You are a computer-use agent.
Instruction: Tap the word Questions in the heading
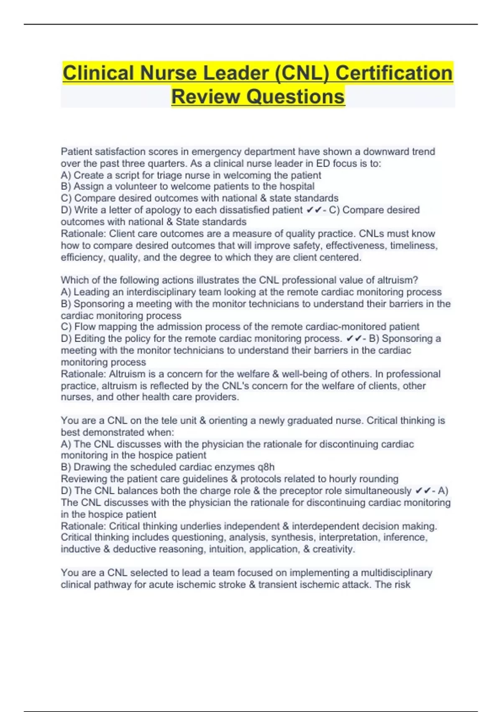[295, 97]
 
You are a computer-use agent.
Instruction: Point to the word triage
[170, 175]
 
